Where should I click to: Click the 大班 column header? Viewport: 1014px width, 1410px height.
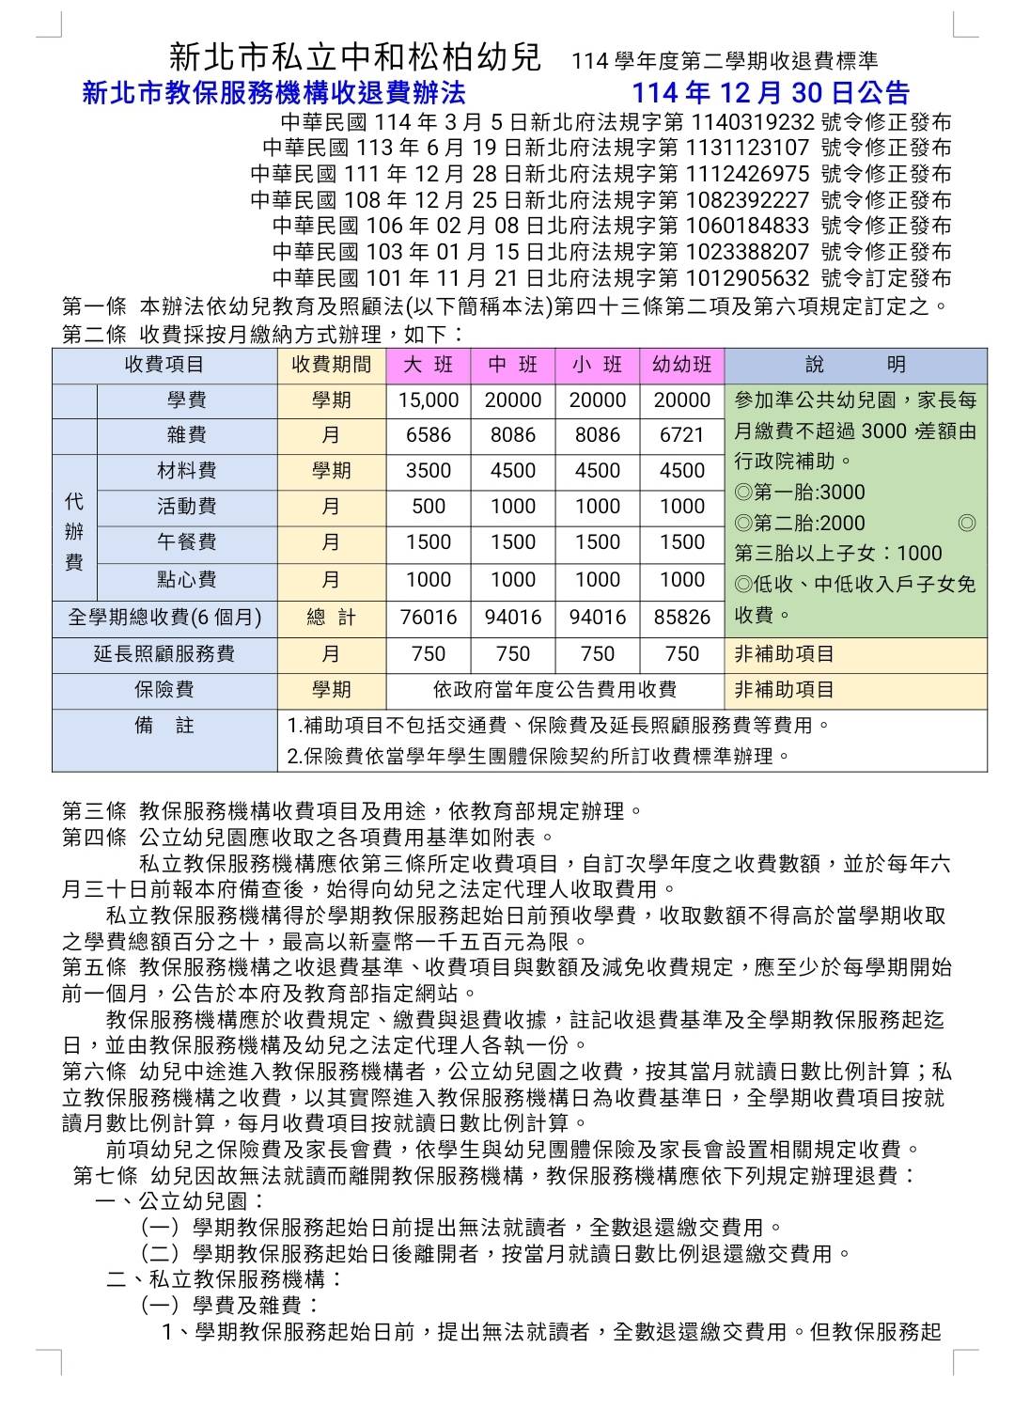(428, 365)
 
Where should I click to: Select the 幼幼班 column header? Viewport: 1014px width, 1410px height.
(682, 365)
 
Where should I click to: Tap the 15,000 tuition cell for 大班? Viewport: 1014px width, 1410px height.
(428, 400)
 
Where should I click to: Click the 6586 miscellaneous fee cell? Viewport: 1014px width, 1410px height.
(428, 436)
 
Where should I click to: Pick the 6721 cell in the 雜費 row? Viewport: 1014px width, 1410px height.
(682, 436)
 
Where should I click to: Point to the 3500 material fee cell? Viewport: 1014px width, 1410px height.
(428, 471)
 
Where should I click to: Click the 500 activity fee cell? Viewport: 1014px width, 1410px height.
(428, 507)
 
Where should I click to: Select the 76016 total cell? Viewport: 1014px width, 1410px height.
(428, 617)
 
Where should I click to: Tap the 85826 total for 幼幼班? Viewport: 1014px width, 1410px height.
(682, 617)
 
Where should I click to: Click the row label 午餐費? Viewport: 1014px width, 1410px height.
(187, 542)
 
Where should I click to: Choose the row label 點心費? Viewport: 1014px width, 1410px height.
(187, 580)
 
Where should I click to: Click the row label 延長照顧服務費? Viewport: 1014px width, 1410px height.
(164, 654)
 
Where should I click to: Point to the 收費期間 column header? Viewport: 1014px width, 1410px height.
(331, 365)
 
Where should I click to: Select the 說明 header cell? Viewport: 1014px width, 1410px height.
(855, 365)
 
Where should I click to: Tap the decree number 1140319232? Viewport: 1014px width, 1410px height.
(752, 121)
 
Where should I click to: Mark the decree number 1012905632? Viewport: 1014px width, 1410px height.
(748, 278)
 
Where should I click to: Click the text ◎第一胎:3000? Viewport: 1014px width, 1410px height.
(800, 493)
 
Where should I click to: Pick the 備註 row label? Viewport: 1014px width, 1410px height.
(164, 726)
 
